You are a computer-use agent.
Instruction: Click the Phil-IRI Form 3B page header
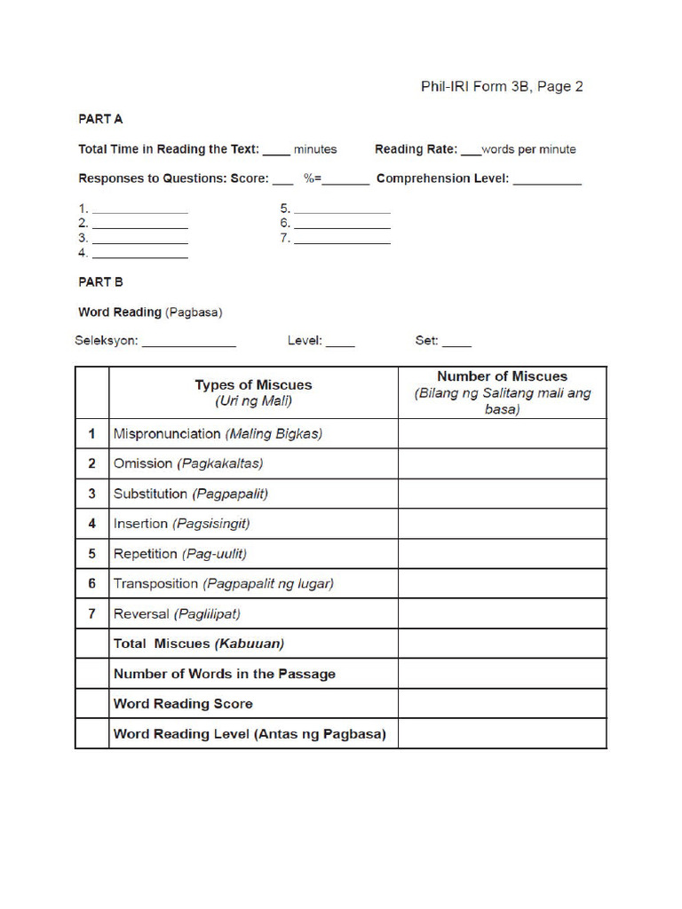(502, 87)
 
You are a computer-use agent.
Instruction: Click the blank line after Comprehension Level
(547, 181)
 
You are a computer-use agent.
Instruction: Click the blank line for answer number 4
(140, 256)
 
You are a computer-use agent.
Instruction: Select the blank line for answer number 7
(342, 241)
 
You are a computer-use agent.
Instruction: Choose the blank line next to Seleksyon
(188, 344)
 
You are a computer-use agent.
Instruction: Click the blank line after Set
(456, 344)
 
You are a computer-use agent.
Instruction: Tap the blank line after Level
(340, 344)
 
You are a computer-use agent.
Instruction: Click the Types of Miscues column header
(253, 392)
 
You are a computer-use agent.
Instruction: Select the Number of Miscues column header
(502, 392)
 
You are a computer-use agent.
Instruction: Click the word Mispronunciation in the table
(167, 434)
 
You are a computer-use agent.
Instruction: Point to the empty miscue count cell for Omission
(502, 463)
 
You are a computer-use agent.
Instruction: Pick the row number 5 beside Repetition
(91, 554)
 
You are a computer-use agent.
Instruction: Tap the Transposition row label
(156, 584)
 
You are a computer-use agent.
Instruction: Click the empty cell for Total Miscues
(502, 644)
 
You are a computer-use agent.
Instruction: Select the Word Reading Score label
(183, 704)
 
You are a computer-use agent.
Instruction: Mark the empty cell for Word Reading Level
(502, 734)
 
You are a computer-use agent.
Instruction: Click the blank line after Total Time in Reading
(276, 151)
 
